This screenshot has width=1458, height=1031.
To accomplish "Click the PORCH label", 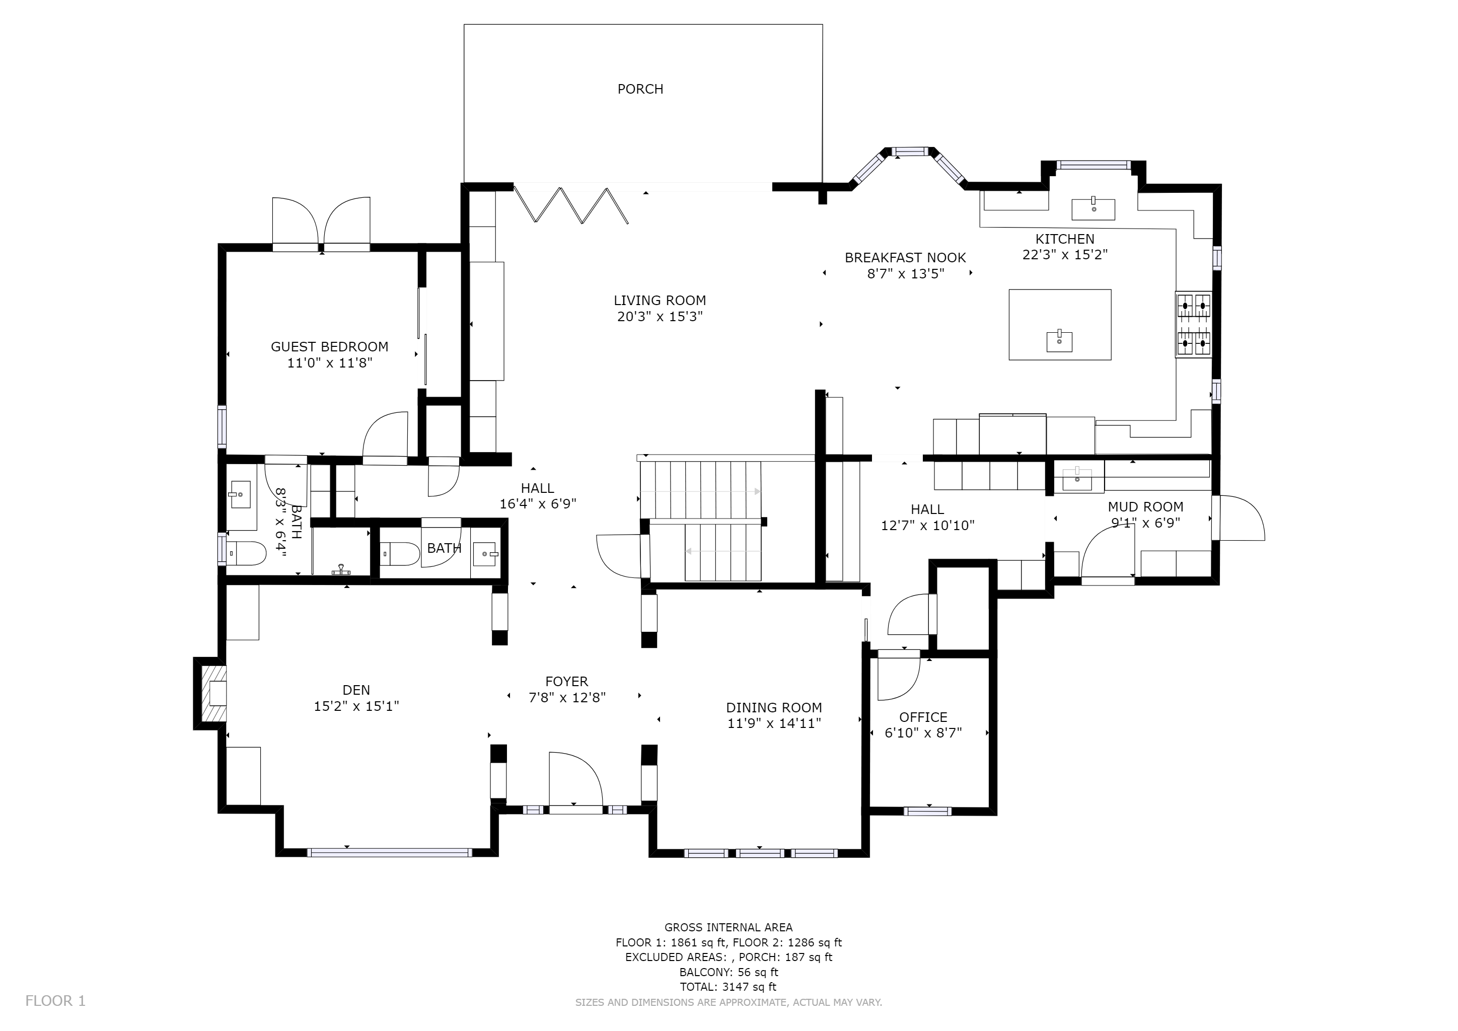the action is click(640, 89).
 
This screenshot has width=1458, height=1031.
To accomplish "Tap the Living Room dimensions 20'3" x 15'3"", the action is click(660, 316).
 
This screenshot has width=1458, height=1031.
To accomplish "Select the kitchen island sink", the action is click(1059, 341).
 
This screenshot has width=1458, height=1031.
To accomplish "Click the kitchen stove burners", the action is click(1193, 324).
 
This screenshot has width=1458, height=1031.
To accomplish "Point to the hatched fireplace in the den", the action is click(214, 693).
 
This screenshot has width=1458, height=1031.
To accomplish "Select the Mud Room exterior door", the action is click(1238, 518).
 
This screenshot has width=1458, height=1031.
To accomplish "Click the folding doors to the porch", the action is click(571, 204).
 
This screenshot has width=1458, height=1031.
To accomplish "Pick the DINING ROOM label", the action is click(774, 707).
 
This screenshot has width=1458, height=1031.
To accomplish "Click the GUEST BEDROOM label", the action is click(330, 347).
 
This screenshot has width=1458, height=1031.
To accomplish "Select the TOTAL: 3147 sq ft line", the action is click(728, 987).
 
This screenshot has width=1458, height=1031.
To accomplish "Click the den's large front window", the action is click(390, 852).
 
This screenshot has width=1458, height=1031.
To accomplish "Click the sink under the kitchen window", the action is click(1093, 208).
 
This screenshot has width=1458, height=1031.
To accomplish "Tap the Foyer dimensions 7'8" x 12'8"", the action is click(567, 697).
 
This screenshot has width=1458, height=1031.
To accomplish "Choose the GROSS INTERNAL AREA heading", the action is click(728, 927).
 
